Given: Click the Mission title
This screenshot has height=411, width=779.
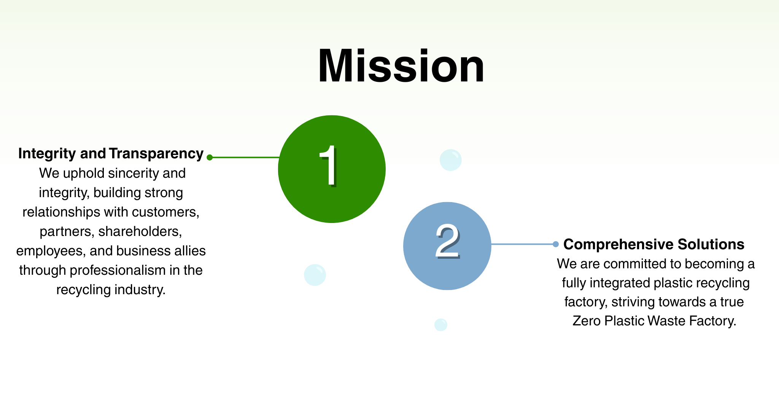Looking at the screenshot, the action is point(401,66).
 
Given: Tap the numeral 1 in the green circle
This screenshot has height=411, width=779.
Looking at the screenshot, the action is point(328,166).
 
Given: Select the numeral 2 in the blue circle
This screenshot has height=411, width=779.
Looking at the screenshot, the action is point(448,241).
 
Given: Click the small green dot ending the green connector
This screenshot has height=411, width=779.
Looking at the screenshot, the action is point(210,157).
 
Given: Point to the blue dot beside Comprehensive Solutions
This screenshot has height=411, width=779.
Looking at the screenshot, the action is point(556,244).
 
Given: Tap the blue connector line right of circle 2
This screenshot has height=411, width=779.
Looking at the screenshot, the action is point(523,244).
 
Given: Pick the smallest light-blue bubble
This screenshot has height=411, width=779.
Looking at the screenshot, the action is point(441,325).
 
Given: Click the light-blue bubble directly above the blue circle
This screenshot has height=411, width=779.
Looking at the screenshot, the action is point(451,160).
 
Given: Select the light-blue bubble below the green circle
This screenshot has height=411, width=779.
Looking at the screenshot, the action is point(315,275).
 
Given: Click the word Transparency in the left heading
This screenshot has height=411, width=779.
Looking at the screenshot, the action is point(156,153).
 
